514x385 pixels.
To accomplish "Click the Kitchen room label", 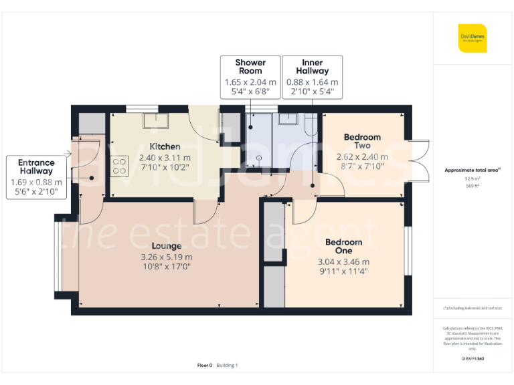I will [x=165, y=146].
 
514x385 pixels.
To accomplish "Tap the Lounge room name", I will [x=166, y=245].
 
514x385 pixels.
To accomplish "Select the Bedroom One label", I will [x=343, y=247].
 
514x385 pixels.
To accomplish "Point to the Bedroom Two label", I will [x=362, y=142].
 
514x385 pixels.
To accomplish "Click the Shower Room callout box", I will [x=249, y=76].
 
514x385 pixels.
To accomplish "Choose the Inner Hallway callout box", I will [x=313, y=76].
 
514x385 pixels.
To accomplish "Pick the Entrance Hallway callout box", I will [x=35, y=177].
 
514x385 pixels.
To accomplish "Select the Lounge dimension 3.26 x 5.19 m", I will [x=166, y=257].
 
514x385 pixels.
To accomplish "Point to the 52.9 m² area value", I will [x=473, y=178].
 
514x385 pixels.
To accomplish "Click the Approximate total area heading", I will [x=473, y=170].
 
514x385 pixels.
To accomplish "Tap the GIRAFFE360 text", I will [x=473, y=359].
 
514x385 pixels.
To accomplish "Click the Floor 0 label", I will [x=204, y=365].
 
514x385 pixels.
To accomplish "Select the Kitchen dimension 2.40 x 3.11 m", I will [x=165, y=158].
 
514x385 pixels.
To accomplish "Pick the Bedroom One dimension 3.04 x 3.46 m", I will [x=343, y=261].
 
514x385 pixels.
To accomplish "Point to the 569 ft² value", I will [x=473, y=186].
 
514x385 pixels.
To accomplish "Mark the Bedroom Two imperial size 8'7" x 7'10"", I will [x=362, y=166].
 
